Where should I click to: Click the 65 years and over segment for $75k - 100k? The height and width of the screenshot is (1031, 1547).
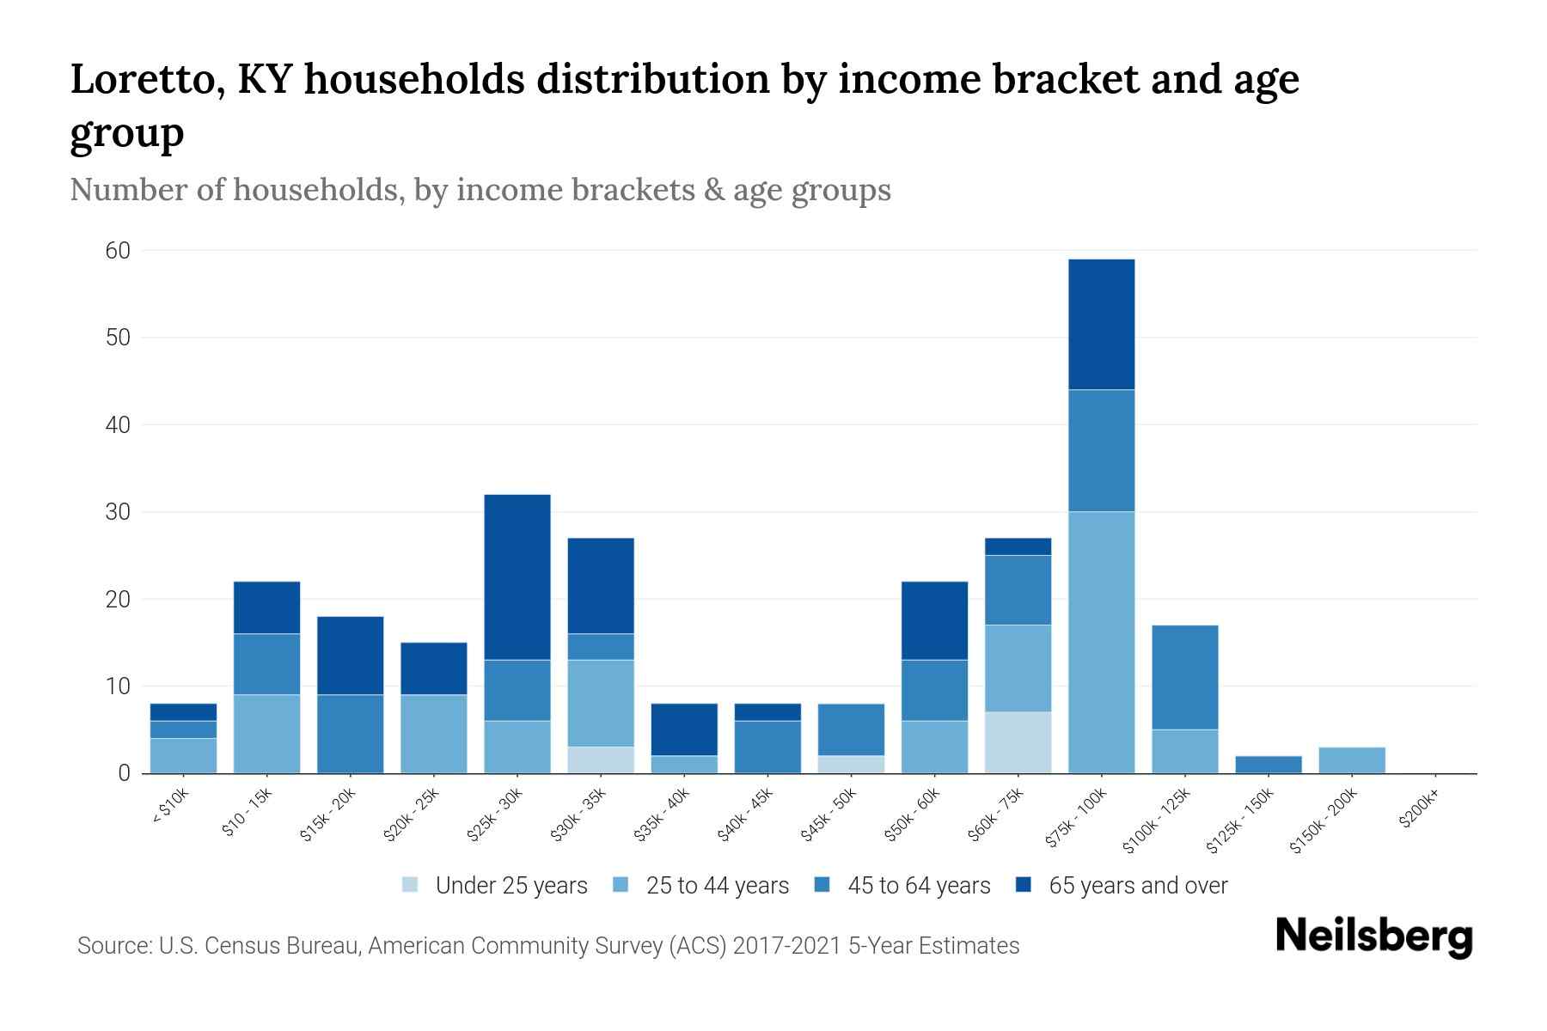tap(1101, 325)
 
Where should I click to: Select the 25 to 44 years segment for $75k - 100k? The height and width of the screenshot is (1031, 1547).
tap(1101, 643)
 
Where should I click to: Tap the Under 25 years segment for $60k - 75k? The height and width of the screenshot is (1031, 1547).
tap(1018, 742)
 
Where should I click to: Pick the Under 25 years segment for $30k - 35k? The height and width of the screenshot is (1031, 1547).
tap(601, 760)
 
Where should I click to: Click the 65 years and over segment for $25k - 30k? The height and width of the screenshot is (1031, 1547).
tap(517, 577)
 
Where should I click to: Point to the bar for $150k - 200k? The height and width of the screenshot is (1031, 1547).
tap(1351, 760)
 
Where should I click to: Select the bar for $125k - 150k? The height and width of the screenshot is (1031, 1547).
tap(1268, 765)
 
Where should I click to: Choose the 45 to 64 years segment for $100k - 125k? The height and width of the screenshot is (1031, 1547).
tap(1184, 677)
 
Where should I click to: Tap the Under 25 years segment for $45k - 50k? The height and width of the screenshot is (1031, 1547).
tap(851, 765)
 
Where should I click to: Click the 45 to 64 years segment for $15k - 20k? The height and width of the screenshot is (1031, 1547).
tap(351, 734)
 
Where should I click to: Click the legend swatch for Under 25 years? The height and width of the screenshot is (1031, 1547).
tap(411, 885)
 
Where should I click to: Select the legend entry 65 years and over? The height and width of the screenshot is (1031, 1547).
tap(1137, 886)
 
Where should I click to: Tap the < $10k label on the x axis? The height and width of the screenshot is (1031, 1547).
tap(171, 808)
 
